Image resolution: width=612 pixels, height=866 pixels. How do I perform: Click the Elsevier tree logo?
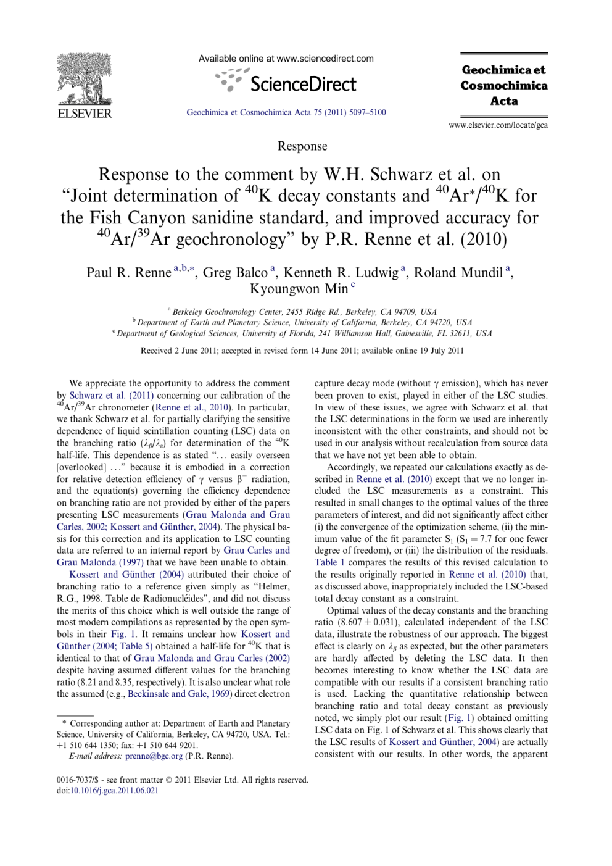coord(84,80)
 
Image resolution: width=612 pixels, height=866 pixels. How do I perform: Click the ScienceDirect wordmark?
coord(303,84)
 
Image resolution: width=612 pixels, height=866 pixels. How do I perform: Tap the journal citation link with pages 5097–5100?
coord(286,112)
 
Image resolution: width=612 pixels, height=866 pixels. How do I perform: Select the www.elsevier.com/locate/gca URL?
coord(498,125)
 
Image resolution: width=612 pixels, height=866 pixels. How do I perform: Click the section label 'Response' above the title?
coord(302,146)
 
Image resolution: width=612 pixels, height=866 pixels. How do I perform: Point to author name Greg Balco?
coord(235,273)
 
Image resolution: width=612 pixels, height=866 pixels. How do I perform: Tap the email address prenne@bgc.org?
coord(154,756)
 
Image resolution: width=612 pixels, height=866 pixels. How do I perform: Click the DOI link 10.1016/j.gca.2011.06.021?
coord(114,791)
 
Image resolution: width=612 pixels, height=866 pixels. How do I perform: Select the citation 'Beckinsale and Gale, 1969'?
coord(180,694)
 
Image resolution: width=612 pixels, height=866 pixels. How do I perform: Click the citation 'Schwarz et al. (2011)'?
coord(111,396)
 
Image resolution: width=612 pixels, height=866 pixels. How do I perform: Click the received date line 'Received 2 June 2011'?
coord(302,351)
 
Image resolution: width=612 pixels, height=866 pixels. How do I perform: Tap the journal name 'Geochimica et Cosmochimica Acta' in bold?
coord(504,85)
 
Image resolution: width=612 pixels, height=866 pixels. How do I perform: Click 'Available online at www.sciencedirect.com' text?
coord(286,59)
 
